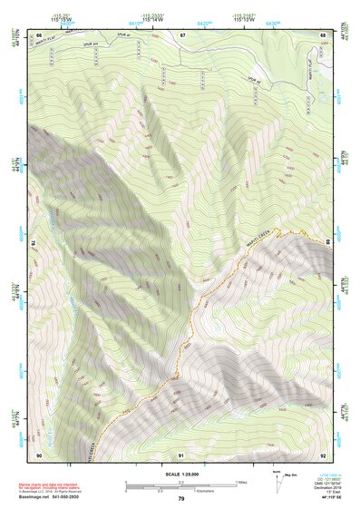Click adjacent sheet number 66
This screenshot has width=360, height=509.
(40, 34)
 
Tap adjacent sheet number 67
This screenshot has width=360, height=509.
(181, 34)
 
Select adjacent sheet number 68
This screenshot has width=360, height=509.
(323, 34)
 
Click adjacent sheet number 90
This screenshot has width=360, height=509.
(40, 454)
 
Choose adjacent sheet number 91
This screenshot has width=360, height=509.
(181, 454)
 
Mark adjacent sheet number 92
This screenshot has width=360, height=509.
(323, 454)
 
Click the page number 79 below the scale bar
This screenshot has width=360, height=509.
(181, 499)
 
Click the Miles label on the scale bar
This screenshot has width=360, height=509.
(241, 482)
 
